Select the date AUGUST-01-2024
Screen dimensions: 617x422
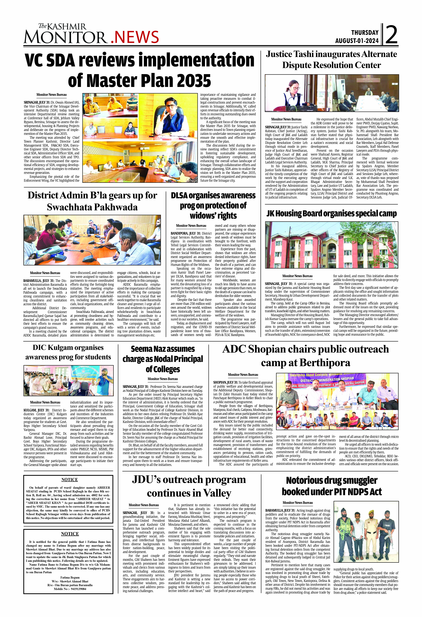tap(357, 41)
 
